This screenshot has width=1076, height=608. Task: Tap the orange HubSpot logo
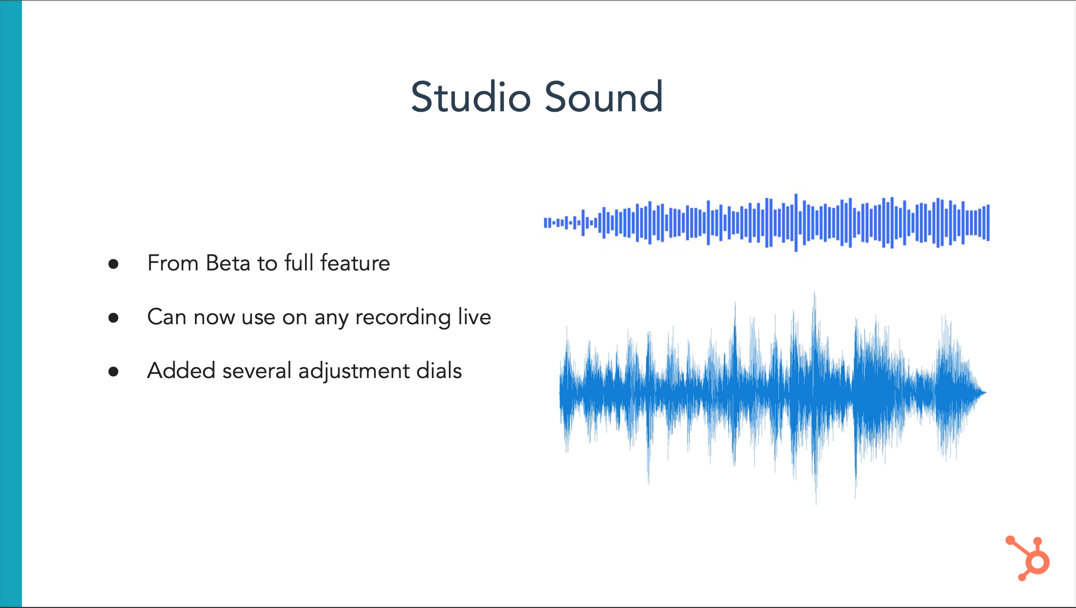pos(1028,558)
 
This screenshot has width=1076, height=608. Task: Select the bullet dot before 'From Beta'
pos(113,264)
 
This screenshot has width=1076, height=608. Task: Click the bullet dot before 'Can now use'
pos(113,318)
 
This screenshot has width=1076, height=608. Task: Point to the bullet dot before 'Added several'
pos(113,372)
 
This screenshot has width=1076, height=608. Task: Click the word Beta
pos(228,263)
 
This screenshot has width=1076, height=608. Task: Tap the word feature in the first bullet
pos(355,263)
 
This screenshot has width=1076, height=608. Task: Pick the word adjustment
pos(354,371)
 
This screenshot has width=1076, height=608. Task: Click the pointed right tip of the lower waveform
pos(986,392)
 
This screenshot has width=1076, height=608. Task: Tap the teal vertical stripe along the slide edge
pos(11,304)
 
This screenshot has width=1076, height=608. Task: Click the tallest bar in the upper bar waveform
pos(796,223)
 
